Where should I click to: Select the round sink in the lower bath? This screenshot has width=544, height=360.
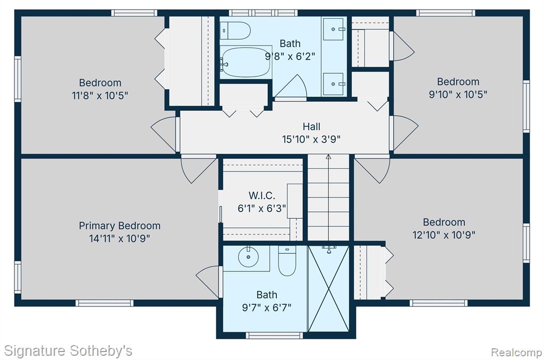tap(249, 257)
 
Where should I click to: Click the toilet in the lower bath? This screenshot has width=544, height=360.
tap(287, 260)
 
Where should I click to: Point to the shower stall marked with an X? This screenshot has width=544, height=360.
tap(328, 288)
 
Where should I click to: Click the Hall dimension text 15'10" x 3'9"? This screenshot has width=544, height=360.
tap(311, 140)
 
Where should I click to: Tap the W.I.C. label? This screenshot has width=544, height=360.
tap(262, 195)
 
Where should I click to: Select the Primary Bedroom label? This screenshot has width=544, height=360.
tap(120, 226)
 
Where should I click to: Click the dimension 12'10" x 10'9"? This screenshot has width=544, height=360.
tap(444, 235)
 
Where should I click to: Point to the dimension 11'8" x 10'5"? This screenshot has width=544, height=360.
tap(100, 96)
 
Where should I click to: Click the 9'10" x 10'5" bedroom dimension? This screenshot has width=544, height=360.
tap(458, 95)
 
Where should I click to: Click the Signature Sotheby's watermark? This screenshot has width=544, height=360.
tap(68, 350)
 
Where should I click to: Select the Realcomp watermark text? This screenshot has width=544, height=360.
tap(516, 353)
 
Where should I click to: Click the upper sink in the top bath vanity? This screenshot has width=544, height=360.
tap(334, 30)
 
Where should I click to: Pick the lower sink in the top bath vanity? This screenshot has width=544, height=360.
tap(334, 84)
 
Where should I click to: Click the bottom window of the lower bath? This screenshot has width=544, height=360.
tap(275, 336)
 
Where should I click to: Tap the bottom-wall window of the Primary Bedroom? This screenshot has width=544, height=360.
tap(105, 303)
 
